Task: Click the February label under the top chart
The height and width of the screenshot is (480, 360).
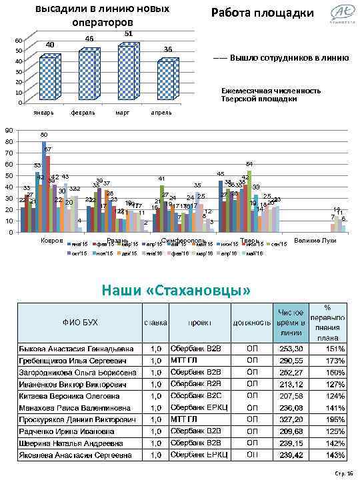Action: click(81, 113)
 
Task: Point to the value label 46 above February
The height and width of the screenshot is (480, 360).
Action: click(89, 39)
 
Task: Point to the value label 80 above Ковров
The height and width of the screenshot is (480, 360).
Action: click(43, 135)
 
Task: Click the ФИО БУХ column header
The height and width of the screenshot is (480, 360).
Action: click(80, 323)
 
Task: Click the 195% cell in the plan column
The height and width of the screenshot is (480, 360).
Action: click(335, 419)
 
